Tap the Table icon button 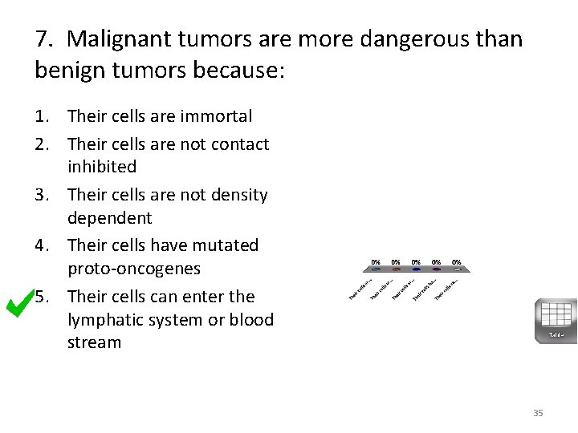click(x=556, y=320)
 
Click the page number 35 click(x=538, y=413)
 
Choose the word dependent click(x=110, y=217)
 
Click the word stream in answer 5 click(x=95, y=342)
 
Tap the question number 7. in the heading click(x=45, y=38)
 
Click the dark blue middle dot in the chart click(x=416, y=269)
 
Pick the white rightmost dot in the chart click(x=456, y=269)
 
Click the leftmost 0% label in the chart click(x=376, y=261)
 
